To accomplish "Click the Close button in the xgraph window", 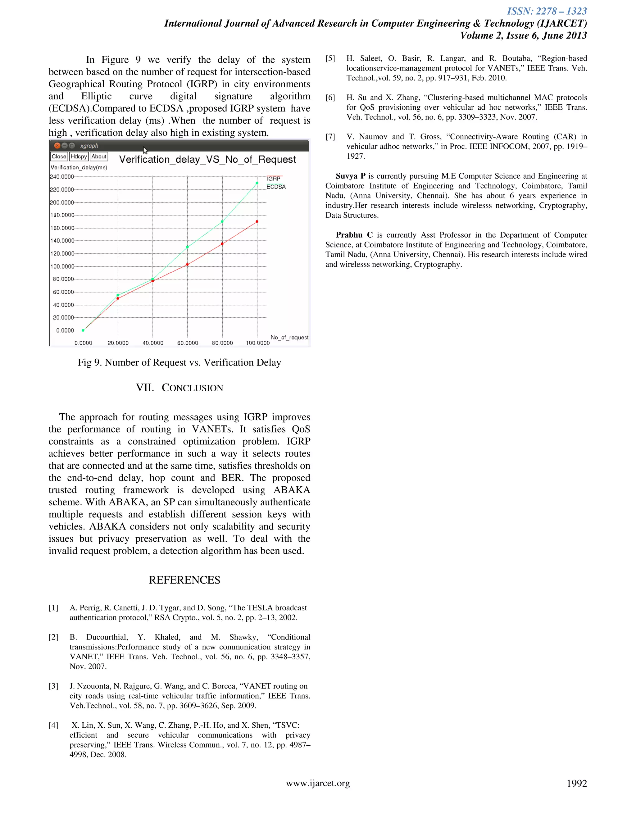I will (59, 157).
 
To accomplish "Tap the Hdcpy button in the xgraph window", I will (79, 157).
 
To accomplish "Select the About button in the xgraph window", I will (99, 157).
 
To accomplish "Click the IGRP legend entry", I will (274, 179).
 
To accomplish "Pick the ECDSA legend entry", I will (276, 187).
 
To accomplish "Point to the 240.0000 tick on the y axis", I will (62, 177).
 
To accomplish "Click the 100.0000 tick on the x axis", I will (258, 343).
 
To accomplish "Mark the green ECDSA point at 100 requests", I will (257, 183).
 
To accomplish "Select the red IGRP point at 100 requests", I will (257, 221).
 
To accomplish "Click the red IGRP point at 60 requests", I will (188, 265).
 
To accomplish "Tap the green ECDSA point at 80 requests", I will (222, 221).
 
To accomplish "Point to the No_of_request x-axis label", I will (289, 337).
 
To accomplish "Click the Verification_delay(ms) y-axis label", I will (79, 167).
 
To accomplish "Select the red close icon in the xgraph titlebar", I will (57, 145).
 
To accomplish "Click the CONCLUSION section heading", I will (180, 388).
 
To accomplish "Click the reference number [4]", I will (53, 725).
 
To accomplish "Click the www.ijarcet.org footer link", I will (318, 784).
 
